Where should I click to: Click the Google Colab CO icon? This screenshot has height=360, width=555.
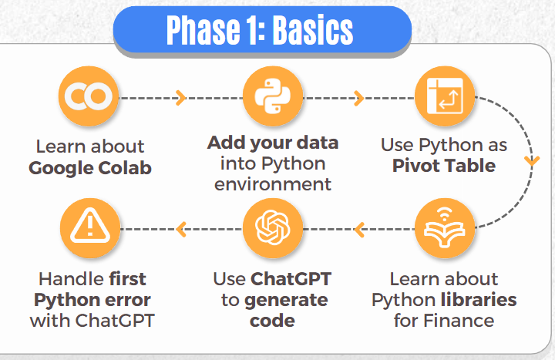click(x=89, y=96)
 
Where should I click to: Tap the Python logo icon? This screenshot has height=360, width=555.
click(x=273, y=96)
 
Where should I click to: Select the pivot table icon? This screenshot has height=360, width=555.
click(x=445, y=96)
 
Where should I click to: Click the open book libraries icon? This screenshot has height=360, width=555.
click(x=445, y=228)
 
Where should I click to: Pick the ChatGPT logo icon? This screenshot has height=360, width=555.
click(x=273, y=228)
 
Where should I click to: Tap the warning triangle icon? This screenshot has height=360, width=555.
click(x=90, y=228)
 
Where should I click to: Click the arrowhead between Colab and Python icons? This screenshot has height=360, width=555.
click(x=180, y=98)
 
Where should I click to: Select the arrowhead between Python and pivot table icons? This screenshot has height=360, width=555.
click(x=359, y=98)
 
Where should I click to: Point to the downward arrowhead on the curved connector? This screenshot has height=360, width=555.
click(x=532, y=161)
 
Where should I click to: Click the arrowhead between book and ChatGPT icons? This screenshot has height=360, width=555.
click(x=359, y=230)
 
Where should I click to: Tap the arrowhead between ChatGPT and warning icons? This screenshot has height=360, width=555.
click(x=181, y=230)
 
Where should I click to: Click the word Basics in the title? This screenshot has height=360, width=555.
click(x=313, y=30)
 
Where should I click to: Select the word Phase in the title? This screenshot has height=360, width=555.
click(x=203, y=30)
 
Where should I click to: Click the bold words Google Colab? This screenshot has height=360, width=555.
click(x=90, y=168)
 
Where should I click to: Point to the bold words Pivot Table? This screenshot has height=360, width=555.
click(x=444, y=166)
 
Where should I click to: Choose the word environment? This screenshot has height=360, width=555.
click(x=273, y=184)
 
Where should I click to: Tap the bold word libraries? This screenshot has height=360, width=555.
click(x=479, y=300)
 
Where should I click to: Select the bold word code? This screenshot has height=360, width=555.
click(x=272, y=321)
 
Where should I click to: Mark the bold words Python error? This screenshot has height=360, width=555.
click(x=92, y=301)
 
